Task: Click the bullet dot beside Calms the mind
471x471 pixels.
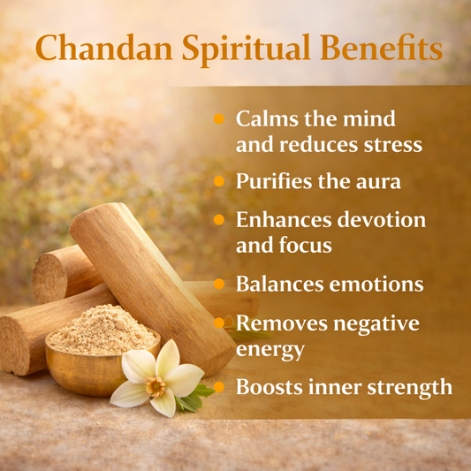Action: (219, 118)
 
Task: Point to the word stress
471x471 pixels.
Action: (391, 143)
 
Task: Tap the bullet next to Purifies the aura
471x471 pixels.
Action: (219, 181)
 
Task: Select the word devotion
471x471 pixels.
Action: (381, 219)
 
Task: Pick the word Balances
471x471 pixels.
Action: (278, 285)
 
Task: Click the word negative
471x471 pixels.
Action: (372, 323)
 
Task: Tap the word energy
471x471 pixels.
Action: (270, 349)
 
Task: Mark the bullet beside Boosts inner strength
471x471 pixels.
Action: (219, 387)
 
